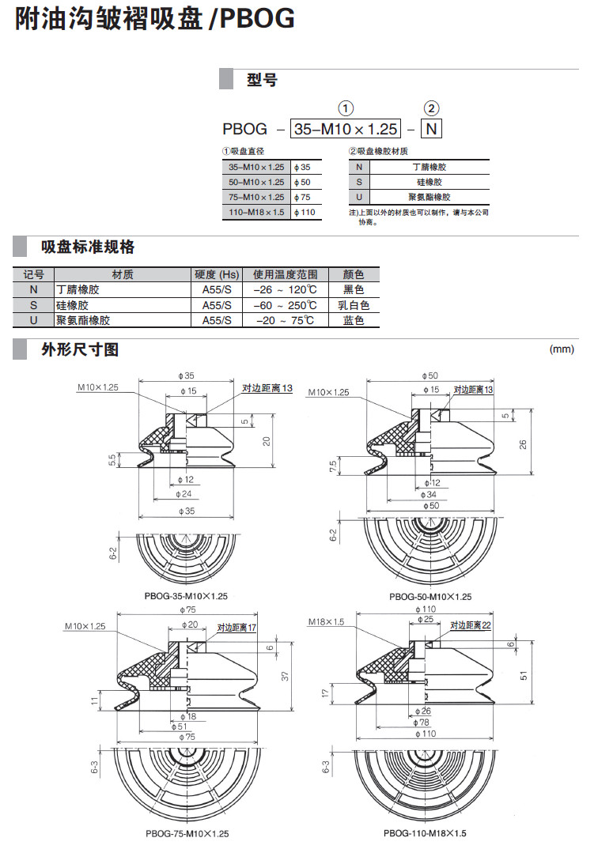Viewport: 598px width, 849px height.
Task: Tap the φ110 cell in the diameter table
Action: pos(305,212)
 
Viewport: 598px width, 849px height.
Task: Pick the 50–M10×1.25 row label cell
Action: pos(255,182)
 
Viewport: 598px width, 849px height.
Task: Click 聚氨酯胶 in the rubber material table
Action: pos(430,197)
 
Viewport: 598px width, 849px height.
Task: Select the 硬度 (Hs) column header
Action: pos(217,274)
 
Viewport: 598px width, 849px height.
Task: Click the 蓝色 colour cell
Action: pos(354,320)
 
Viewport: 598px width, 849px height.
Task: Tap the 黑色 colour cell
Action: pos(354,290)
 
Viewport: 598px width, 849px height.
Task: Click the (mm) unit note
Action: pos(562,349)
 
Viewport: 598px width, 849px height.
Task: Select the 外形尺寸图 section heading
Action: pos(80,349)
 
